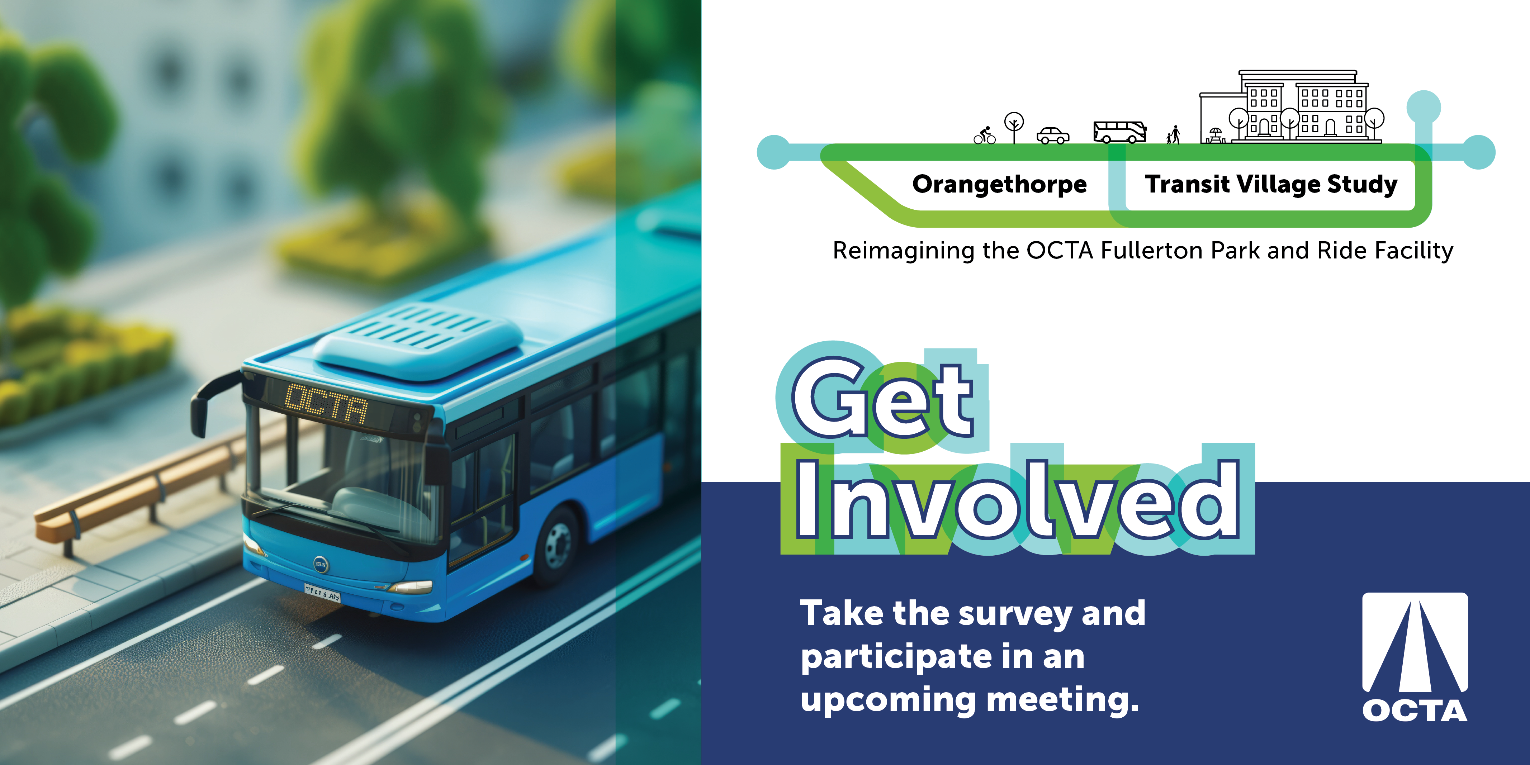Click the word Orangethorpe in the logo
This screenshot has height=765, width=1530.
pos(1000,184)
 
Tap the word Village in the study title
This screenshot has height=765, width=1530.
pos(1277,184)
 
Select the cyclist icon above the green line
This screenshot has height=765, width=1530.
pos(984,136)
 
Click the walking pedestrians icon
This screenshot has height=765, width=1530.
pos(1173,135)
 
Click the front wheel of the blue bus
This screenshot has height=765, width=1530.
pos(557,545)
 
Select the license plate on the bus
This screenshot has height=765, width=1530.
pos(322,592)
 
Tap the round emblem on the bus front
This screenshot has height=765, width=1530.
pos(321,564)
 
